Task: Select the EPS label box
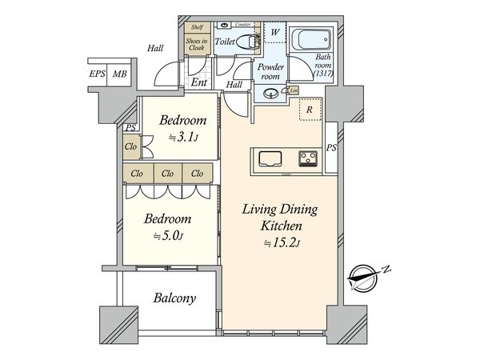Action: [x=98, y=74]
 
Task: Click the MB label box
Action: [x=118, y=74]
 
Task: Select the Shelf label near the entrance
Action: [x=197, y=28]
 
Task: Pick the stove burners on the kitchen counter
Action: [x=308, y=155]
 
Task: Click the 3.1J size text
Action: [x=182, y=137]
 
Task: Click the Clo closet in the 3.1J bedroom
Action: [x=130, y=146]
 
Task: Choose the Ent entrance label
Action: [x=198, y=82]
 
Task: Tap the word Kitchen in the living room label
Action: [x=281, y=226]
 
